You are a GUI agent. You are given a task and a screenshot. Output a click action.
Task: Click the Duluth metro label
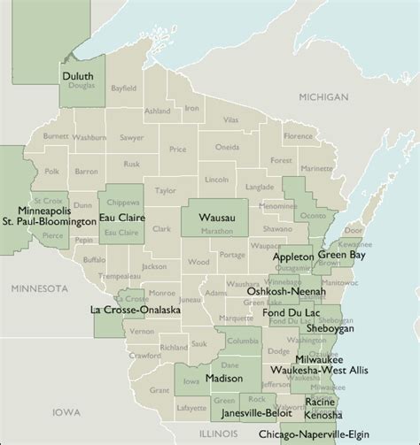78,77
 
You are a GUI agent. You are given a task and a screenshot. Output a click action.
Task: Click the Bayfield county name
125,89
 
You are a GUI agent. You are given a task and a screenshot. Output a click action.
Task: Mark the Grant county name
159,389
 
